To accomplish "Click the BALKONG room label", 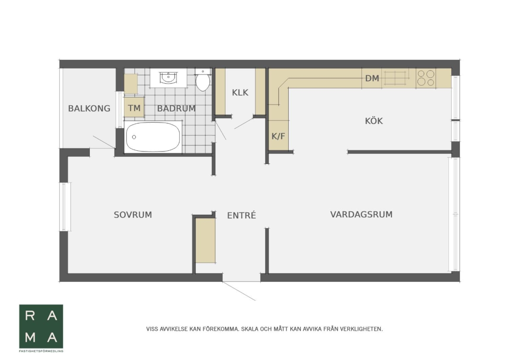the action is (x=89, y=108).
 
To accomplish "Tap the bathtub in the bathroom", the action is (x=153, y=137).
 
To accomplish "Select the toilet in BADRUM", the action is (x=203, y=80).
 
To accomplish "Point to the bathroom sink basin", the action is (x=168, y=78).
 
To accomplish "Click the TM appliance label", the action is (x=134, y=108).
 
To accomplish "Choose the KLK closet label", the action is (x=240, y=93).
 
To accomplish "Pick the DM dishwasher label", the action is (x=372, y=78).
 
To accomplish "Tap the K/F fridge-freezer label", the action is (x=278, y=136).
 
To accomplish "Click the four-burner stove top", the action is (x=426, y=78).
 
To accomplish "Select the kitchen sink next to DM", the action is (x=395, y=78).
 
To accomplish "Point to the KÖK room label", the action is (x=374, y=121).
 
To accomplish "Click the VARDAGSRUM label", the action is (x=361, y=214).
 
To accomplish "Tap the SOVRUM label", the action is (x=133, y=215).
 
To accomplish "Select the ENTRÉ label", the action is (x=241, y=215).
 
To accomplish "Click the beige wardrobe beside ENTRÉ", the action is (x=205, y=240).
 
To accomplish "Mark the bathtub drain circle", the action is (x=134, y=137).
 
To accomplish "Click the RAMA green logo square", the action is (x=41, y=326).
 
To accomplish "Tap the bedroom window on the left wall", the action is (x=65, y=207).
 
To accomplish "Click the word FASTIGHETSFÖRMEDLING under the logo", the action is (x=41, y=351).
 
